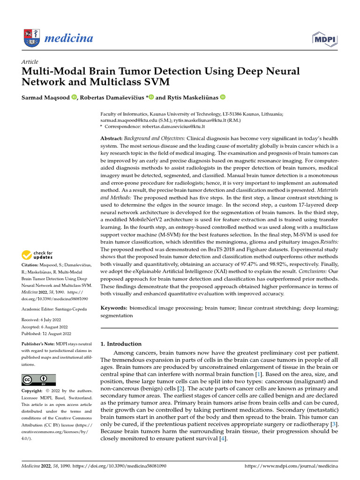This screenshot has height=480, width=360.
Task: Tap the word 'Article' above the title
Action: (x=30, y=62)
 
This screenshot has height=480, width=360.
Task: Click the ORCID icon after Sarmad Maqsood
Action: (x=74, y=97)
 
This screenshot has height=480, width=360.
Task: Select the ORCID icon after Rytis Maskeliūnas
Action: (x=223, y=97)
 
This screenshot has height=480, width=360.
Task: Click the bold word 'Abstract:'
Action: (x=112, y=139)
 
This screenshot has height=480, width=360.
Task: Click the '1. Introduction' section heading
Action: (x=121, y=344)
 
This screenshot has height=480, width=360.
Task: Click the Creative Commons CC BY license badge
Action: (x=38, y=380)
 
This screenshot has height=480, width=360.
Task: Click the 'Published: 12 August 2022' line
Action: (x=46, y=334)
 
